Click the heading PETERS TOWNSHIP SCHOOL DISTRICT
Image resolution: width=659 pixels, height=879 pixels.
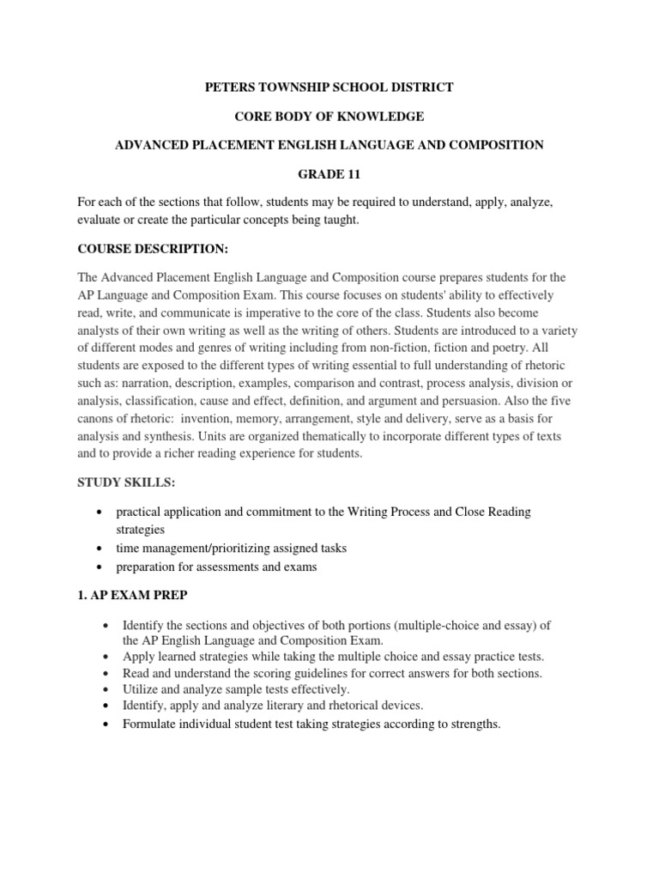coord(329,87)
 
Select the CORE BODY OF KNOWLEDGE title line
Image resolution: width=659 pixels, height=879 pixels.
coord(329,116)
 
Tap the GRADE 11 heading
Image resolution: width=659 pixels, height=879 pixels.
coord(329,174)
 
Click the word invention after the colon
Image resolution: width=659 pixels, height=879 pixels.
coord(223,417)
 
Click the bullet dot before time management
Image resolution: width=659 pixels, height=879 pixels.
coord(103,548)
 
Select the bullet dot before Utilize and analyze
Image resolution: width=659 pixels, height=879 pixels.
coord(103,689)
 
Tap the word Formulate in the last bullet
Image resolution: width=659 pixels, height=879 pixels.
coord(152,724)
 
